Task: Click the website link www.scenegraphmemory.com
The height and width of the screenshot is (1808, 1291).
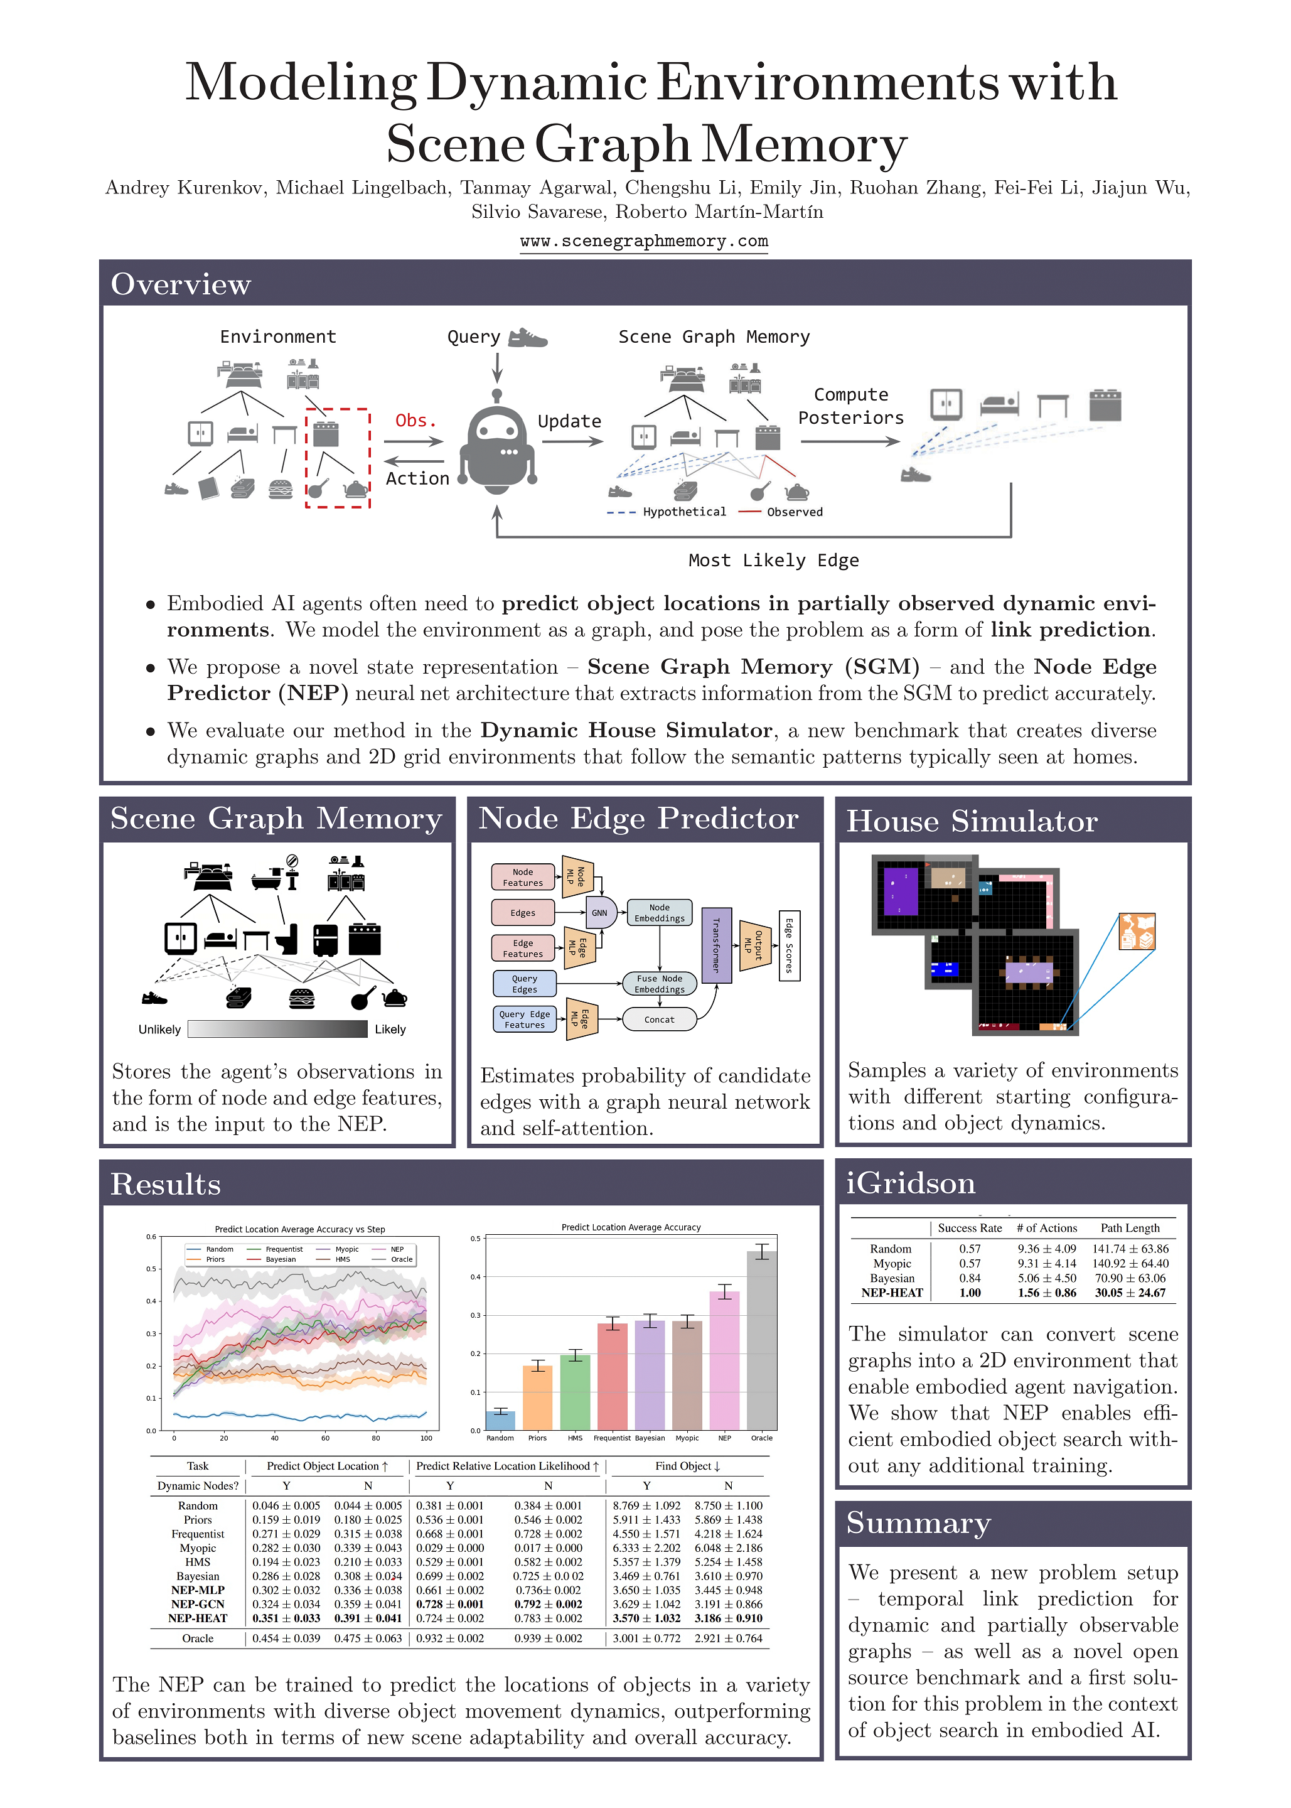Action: (x=644, y=241)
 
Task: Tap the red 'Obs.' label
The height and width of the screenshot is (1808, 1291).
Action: (x=415, y=421)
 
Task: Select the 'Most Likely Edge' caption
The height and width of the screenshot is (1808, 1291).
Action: (x=773, y=561)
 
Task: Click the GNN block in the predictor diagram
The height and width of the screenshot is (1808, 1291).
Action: (x=599, y=913)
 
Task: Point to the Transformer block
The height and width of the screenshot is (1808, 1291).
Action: (x=715, y=945)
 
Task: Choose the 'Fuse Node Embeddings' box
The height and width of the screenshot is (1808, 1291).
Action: (x=659, y=984)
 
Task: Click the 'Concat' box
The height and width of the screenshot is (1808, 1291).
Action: (x=659, y=1020)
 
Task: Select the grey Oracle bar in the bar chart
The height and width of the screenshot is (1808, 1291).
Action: (x=761, y=1340)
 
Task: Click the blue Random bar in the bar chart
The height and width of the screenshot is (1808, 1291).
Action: (x=500, y=1420)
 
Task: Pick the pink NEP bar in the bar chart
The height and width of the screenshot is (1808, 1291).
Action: (x=724, y=1360)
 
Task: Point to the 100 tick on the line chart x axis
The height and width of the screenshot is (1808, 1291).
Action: (x=426, y=1438)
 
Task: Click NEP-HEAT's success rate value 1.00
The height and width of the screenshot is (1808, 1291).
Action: (x=970, y=1293)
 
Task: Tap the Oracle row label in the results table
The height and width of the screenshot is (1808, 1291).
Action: (x=197, y=1638)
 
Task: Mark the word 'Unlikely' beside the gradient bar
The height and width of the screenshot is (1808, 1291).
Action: (x=160, y=1030)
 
